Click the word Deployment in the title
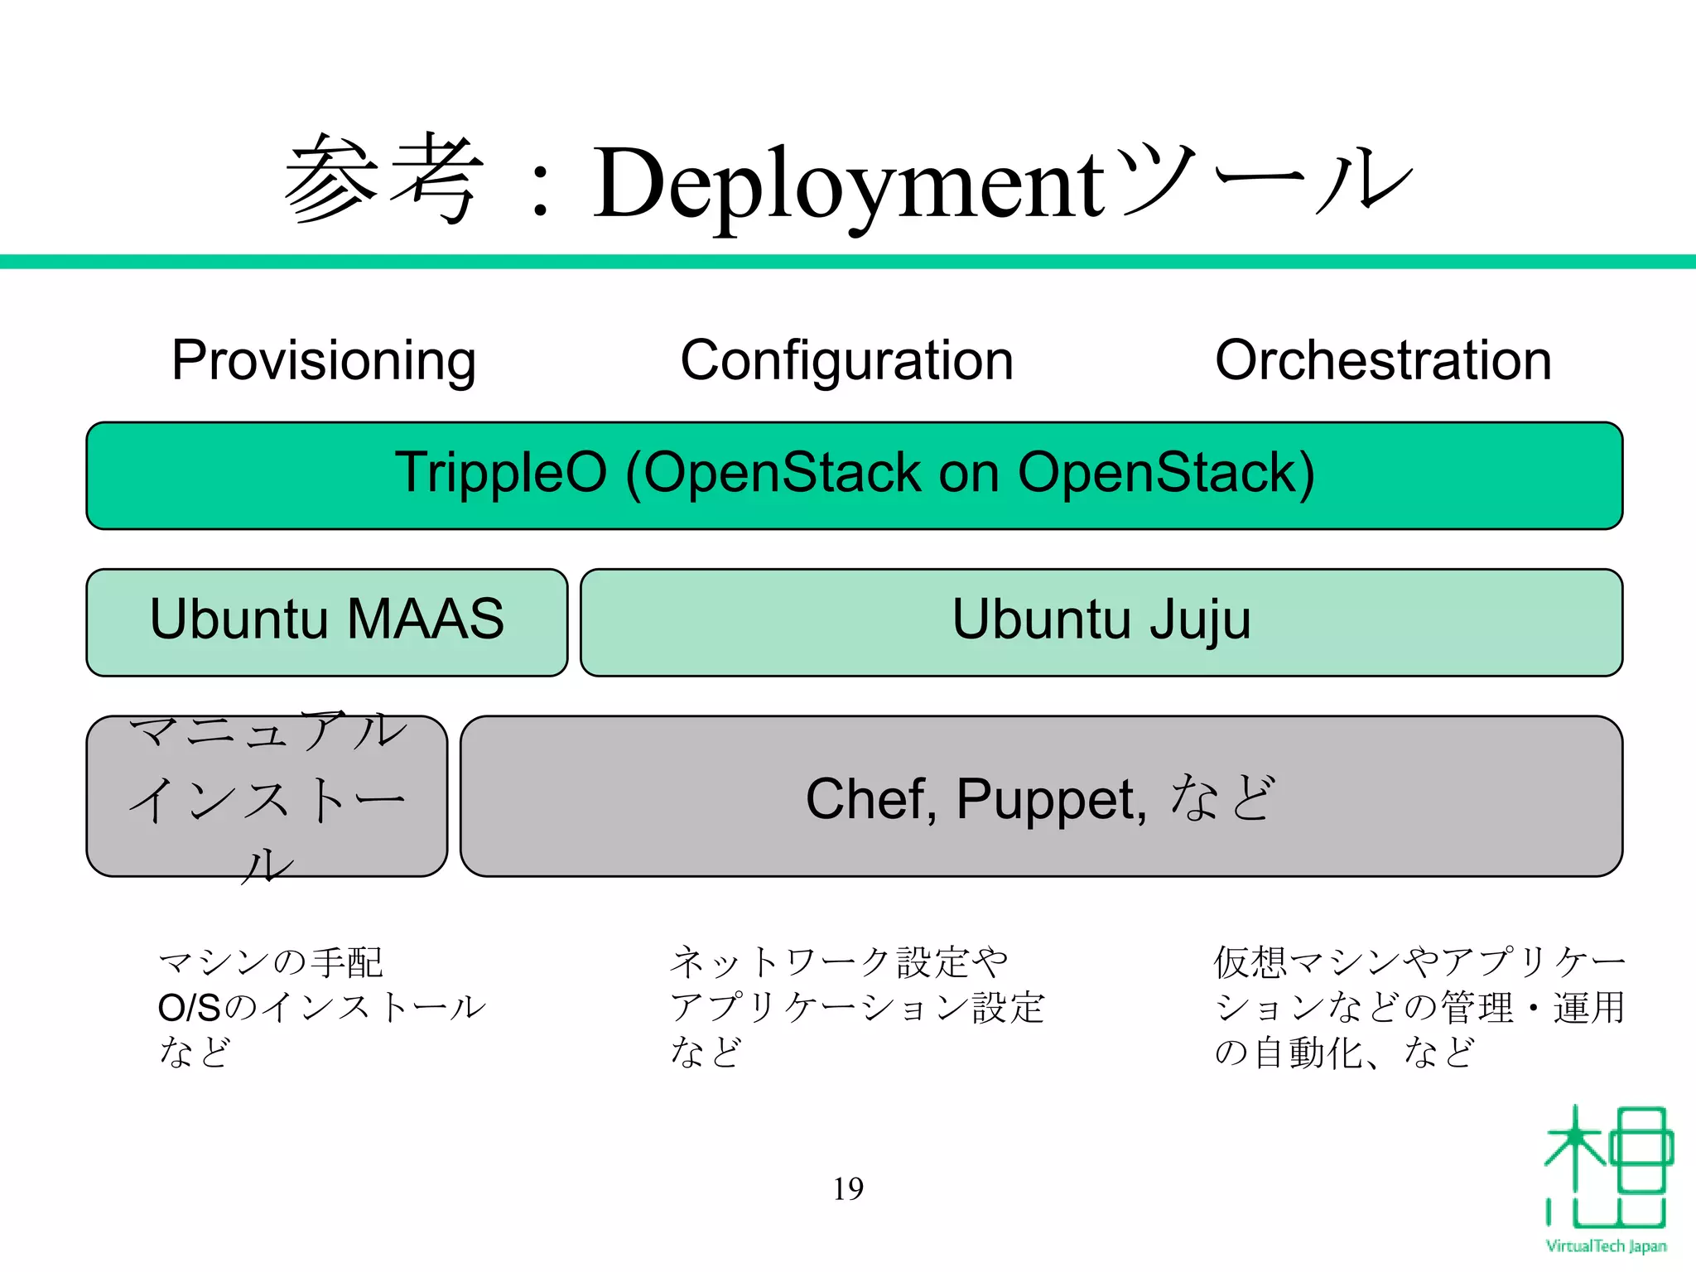[849, 184]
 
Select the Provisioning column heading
[324, 360]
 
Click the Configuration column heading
[846, 360]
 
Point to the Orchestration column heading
[1383, 360]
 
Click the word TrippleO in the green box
[500, 473]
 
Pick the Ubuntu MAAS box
[326, 622]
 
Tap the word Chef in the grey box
[870, 799]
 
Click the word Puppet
[1051, 801]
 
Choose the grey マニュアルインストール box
[267, 796]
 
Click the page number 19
[848, 1188]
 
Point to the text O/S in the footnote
[190, 1008]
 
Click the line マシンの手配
[270, 962]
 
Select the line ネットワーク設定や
[838, 962]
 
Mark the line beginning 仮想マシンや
[1419, 962]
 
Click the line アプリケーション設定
[857, 1008]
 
